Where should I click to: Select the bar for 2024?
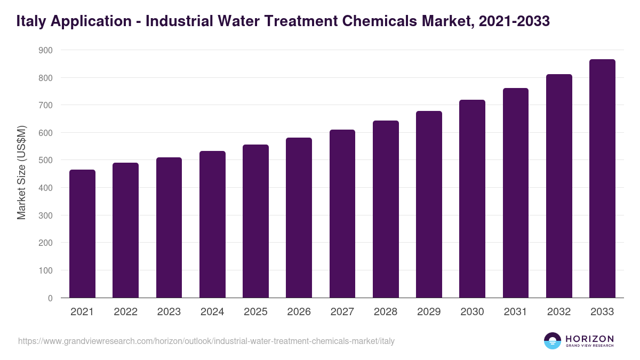click(x=212, y=224)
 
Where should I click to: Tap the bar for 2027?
click(x=342, y=213)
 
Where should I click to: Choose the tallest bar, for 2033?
click(x=602, y=178)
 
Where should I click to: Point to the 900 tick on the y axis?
click(x=46, y=50)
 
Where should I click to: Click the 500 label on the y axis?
click(x=46, y=161)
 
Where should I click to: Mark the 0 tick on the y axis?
click(x=50, y=298)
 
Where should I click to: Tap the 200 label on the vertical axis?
click(x=46, y=243)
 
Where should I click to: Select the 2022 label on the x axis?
click(x=125, y=312)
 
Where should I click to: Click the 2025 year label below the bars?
click(x=255, y=312)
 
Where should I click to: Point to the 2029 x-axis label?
click(x=429, y=312)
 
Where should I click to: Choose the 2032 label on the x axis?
click(x=559, y=312)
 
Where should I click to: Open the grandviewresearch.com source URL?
click(x=206, y=341)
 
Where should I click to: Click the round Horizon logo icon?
click(x=553, y=341)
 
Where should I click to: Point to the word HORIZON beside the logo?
click(x=589, y=339)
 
